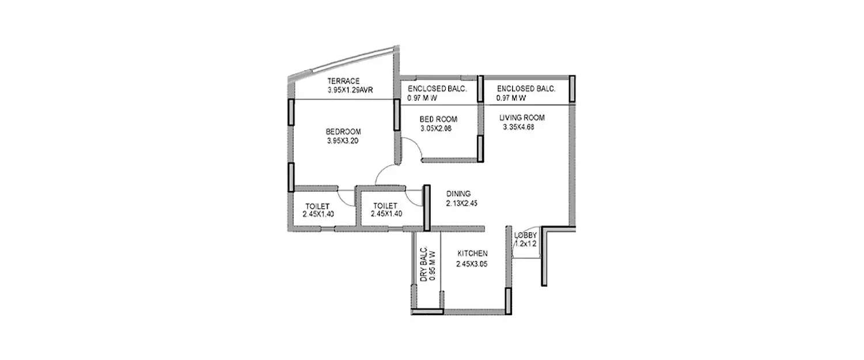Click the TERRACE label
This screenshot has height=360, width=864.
(x=344, y=81)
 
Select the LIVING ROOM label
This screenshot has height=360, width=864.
(x=522, y=118)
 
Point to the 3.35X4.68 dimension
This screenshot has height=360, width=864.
(x=519, y=127)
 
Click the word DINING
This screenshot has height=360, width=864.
(x=458, y=194)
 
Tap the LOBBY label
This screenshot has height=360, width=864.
(x=525, y=235)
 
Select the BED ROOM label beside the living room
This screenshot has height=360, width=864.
(x=438, y=119)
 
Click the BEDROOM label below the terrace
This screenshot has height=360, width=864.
(x=343, y=131)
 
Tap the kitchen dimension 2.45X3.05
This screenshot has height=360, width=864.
(x=472, y=264)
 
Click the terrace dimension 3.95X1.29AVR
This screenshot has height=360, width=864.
(x=347, y=90)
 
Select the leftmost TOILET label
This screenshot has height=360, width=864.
(x=317, y=206)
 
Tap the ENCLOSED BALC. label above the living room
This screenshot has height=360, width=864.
(x=525, y=89)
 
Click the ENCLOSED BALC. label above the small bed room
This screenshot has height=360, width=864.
(x=437, y=89)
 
